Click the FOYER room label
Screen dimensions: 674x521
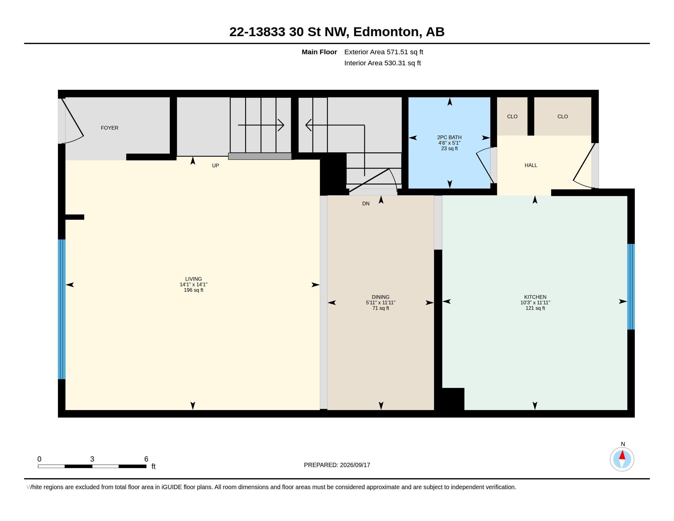click(110, 128)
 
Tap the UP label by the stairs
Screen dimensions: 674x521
click(215, 165)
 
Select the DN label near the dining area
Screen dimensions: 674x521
click(366, 203)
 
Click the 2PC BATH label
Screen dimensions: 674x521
click(449, 137)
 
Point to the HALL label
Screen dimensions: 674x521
click(531, 165)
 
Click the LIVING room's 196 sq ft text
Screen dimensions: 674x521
click(194, 290)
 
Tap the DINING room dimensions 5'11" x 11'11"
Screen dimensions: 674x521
click(381, 302)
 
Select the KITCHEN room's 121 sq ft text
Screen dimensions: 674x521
click(535, 308)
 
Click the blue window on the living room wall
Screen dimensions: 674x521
click(62, 309)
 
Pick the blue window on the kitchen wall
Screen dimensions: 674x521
click(631, 287)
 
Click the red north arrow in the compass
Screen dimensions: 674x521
click(622, 455)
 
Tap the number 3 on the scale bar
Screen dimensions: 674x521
click(92, 459)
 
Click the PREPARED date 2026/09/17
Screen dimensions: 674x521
click(355, 465)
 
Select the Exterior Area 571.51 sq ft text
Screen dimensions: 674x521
click(384, 52)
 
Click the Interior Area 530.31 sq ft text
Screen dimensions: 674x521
click(382, 63)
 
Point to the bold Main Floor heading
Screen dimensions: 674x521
click(319, 52)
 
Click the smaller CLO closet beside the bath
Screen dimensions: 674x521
click(512, 116)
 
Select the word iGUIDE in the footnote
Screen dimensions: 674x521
click(171, 487)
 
